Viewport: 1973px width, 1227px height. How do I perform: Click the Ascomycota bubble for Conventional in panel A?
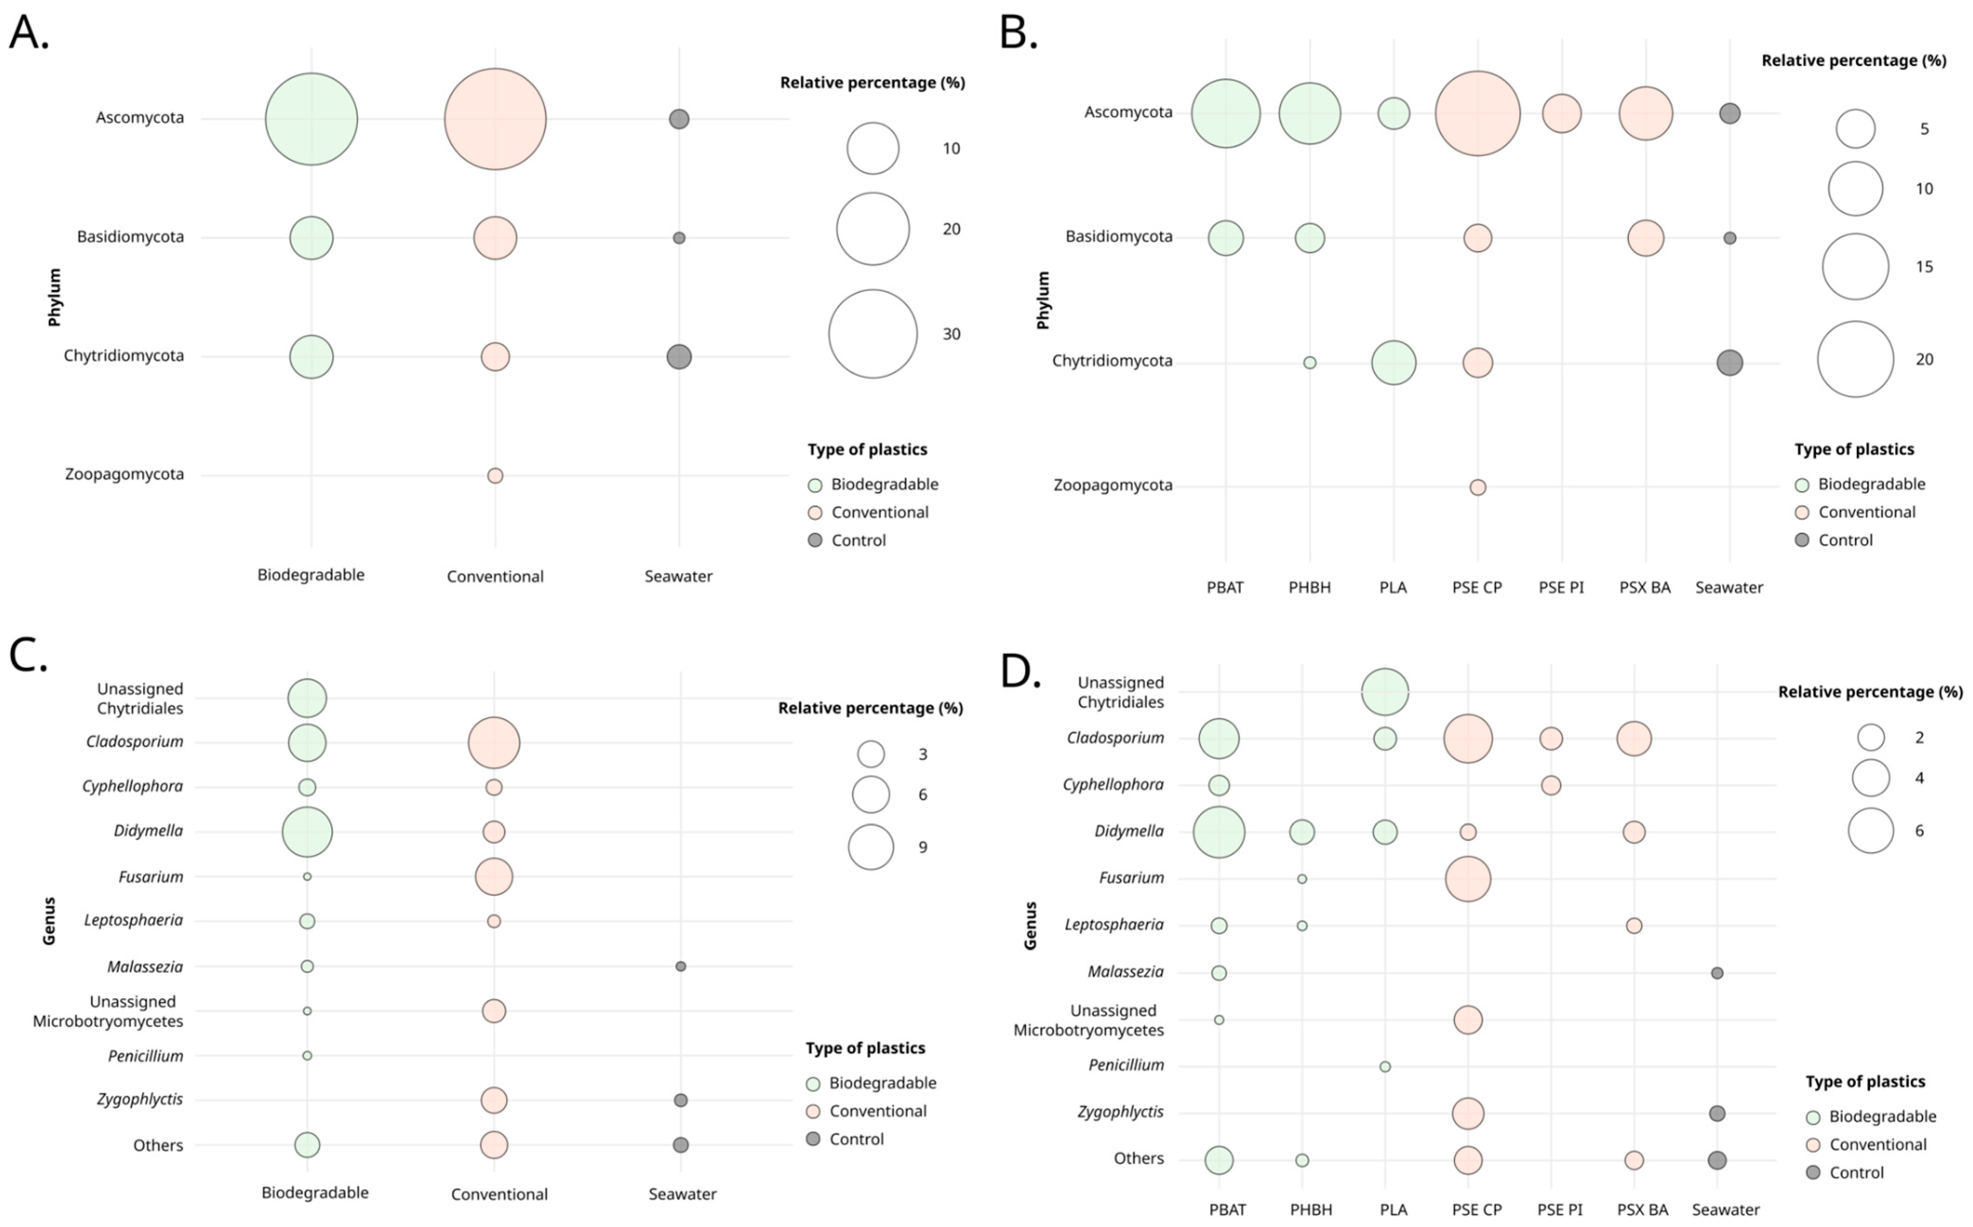495,119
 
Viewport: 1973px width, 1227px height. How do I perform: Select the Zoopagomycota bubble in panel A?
495,476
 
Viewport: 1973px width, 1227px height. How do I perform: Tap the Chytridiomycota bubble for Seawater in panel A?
679,356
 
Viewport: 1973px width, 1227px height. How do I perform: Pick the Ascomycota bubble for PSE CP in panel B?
1477,113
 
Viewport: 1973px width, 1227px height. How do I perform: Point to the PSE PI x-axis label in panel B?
1561,588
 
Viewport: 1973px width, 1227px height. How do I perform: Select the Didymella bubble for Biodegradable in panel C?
307,832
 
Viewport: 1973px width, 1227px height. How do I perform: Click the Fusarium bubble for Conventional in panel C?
494,876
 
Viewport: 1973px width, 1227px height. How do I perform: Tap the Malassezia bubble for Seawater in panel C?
681,967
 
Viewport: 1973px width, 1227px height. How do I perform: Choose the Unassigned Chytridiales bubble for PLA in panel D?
1385,692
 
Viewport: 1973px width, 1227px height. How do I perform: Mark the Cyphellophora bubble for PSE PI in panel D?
1550,785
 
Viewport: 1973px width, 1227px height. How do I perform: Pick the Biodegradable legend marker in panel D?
1813,1117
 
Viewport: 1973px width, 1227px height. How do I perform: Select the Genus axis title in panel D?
1030,925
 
